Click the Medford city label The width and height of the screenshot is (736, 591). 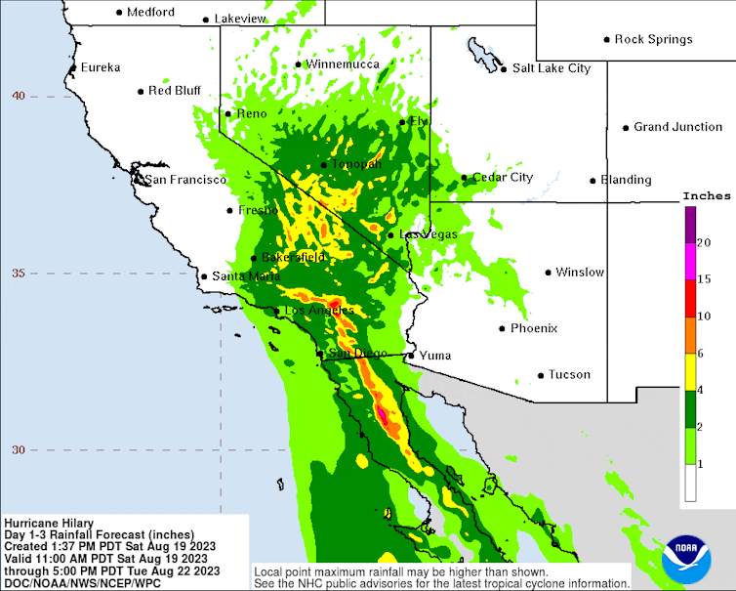coord(151,12)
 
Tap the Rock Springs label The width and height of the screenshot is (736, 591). coord(653,39)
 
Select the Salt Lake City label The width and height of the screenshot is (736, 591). coord(552,68)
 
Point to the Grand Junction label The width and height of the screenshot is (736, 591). coord(677,127)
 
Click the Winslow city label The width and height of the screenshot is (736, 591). coord(580,273)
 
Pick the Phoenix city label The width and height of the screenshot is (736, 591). coord(534,328)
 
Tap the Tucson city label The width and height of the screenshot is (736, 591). coord(569,374)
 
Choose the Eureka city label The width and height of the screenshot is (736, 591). coord(101,67)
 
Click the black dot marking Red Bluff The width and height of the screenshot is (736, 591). coord(141,92)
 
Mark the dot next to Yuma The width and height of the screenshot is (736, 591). coord(411,356)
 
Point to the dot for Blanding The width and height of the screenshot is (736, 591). coord(593,180)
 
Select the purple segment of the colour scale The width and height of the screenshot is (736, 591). coord(690,224)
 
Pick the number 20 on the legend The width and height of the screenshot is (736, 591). coord(704,242)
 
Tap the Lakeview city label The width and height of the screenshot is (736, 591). coord(239,19)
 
